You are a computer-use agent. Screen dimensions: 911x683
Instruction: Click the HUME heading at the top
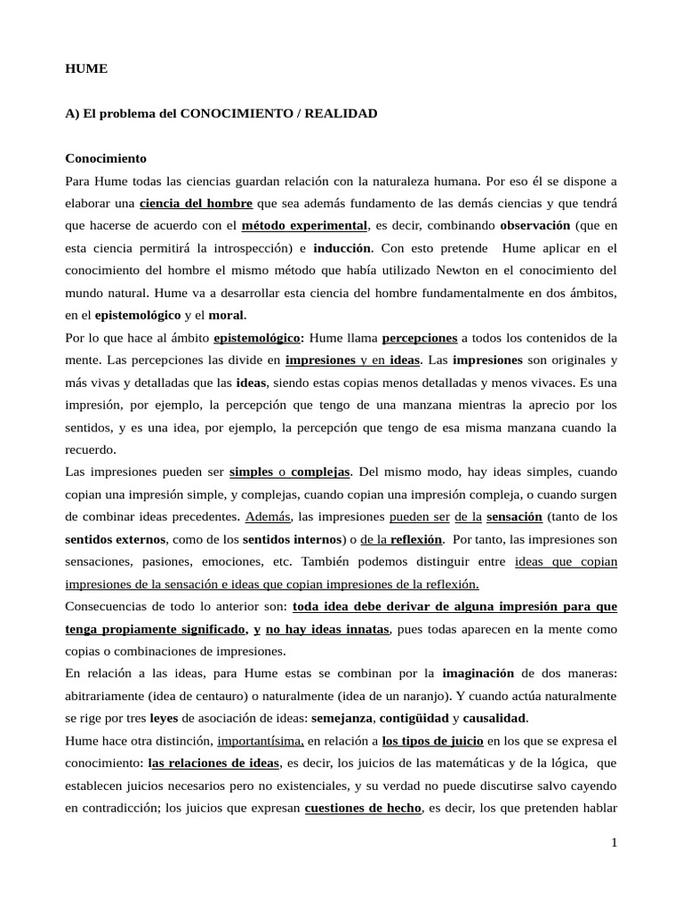85,69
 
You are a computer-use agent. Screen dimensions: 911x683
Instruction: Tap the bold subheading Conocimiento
106,158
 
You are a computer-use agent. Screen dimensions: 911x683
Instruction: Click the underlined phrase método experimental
304,225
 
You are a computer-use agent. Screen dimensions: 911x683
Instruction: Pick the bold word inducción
342,247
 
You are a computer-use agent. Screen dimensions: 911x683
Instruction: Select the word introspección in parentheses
250,247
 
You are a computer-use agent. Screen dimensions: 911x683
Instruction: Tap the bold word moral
226,314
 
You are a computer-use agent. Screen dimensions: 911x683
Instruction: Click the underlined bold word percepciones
420,338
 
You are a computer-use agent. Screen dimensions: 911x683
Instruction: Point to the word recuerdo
90,449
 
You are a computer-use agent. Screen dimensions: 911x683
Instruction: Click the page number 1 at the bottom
613,843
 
